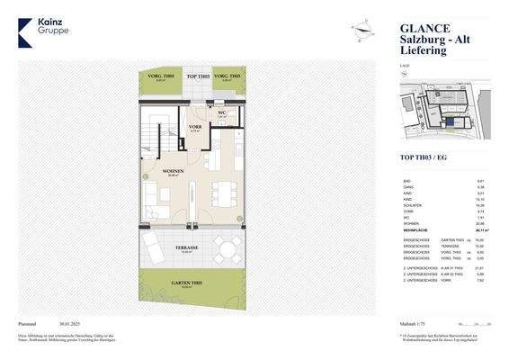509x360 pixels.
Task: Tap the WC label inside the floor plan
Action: click(221, 112)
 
